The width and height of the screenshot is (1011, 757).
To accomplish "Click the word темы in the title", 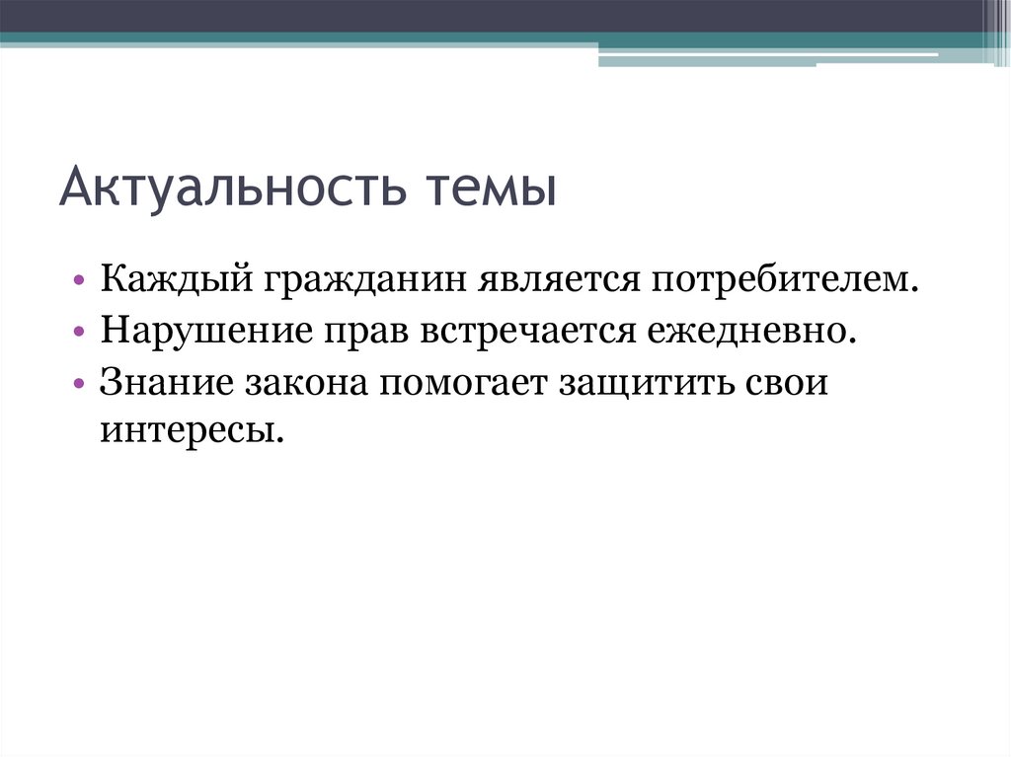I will [x=490, y=188].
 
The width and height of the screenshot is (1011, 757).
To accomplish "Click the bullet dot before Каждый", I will [x=80, y=283].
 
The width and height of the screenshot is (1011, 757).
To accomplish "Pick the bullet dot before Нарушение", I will [x=80, y=334].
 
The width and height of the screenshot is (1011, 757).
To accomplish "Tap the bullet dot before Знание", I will [x=80, y=384].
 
